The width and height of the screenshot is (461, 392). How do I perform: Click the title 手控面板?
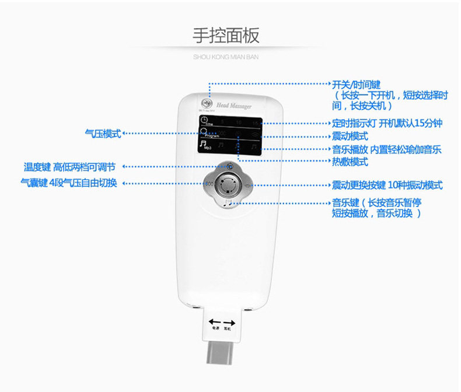[226, 36]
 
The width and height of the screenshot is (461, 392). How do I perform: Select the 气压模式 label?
[103, 134]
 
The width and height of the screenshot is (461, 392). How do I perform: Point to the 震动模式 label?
[350, 136]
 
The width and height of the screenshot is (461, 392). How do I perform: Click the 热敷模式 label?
[350, 162]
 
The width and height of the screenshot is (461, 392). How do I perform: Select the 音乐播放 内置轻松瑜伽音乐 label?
[386, 149]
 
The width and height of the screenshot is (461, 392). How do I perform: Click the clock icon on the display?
[204, 121]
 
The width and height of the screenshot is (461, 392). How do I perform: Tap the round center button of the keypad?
[229, 186]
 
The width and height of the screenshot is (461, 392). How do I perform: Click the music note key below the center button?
[228, 204]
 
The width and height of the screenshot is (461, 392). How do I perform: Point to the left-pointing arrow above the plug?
[215, 322]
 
